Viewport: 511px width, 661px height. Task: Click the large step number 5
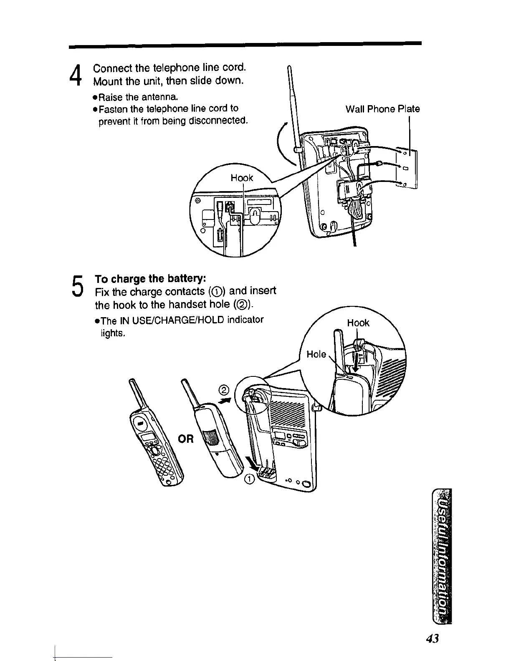point(76,285)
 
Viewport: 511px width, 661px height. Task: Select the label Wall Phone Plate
point(382,109)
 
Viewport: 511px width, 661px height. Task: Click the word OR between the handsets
point(186,439)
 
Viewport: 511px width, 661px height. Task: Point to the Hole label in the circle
point(316,354)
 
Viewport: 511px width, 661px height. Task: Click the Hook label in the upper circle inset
point(242,178)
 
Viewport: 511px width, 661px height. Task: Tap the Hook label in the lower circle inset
point(358,323)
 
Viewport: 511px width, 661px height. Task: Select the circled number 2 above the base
point(224,390)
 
